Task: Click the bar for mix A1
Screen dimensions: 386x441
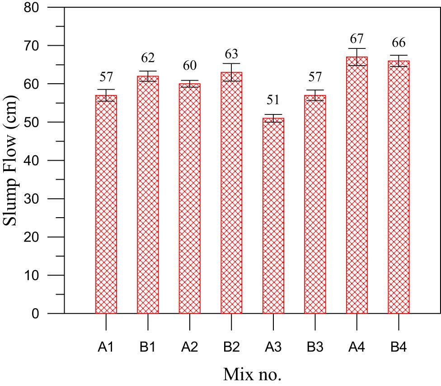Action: [x=106, y=204]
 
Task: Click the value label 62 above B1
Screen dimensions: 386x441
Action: [x=148, y=57]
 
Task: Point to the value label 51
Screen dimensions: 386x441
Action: [x=273, y=100]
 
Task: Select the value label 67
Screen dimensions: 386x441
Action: [x=357, y=39]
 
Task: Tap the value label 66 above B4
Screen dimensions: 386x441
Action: [x=399, y=43]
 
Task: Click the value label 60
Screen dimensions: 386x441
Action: [x=189, y=66]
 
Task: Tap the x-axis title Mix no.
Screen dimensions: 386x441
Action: [x=252, y=374]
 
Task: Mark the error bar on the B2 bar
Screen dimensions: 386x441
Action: [x=231, y=72]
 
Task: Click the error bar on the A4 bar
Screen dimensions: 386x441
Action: [x=357, y=57]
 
